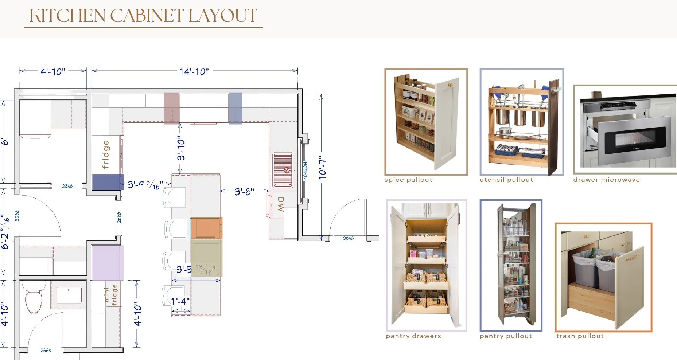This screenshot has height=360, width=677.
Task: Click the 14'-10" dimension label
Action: point(194,71)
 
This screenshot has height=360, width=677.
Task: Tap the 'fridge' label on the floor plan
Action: point(106,154)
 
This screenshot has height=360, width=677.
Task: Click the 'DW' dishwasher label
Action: point(280,204)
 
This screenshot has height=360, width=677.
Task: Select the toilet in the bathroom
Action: point(34,298)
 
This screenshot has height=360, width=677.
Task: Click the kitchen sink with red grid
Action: point(283,170)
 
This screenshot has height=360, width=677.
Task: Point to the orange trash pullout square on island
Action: point(206,228)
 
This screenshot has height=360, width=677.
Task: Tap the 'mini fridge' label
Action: point(110,295)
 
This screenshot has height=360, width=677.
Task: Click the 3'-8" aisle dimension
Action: point(244,192)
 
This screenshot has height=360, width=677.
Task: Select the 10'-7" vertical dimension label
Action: point(322,168)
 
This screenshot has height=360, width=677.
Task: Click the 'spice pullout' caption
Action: point(408,180)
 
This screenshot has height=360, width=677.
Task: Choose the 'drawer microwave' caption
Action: point(606,180)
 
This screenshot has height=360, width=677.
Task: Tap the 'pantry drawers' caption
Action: point(413,336)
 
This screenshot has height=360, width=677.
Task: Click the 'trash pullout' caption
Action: point(580,336)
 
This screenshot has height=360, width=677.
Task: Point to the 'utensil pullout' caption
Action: point(506,180)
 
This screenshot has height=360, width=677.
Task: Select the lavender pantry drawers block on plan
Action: point(107,263)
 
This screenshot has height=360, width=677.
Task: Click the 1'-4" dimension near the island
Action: point(180,301)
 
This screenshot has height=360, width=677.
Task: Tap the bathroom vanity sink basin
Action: point(69,295)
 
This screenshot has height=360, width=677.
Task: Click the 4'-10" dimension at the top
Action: point(53,71)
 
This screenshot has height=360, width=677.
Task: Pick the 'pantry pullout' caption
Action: point(506,336)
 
